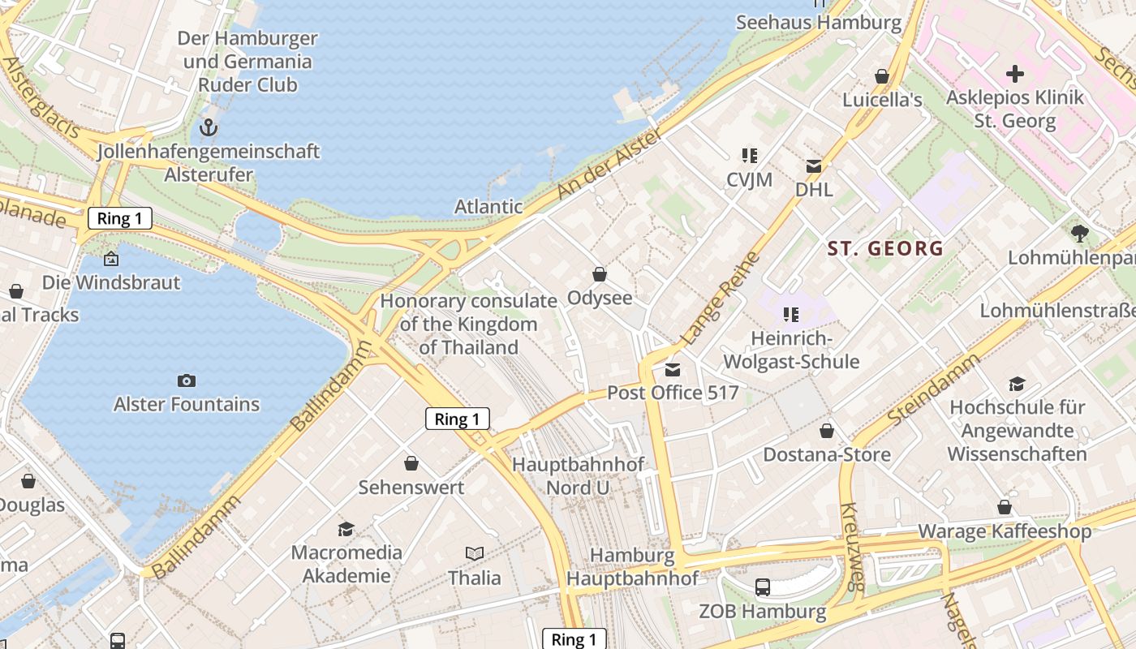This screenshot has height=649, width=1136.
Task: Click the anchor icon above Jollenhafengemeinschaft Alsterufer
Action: (x=209, y=127)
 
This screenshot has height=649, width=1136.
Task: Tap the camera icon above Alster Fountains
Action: (x=187, y=380)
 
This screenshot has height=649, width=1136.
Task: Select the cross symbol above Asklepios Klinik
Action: (x=1015, y=74)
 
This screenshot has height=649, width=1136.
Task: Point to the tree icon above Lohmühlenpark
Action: (x=1079, y=234)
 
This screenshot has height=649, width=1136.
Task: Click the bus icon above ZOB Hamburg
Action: (x=762, y=587)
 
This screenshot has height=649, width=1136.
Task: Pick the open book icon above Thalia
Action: (x=475, y=553)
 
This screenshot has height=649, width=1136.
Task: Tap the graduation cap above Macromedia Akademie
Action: (x=346, y=528)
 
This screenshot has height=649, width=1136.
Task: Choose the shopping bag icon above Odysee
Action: (x=600, y=274)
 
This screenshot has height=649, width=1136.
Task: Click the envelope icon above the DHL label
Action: (x=814, y=166)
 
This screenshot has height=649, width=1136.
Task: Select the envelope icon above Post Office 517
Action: (x=673, y=370)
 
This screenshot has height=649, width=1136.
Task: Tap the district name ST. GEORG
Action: (x=885, y=248)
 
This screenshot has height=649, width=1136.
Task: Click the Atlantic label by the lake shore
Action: (x=488, y=206)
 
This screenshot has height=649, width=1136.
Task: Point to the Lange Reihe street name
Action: (x=721, y=298)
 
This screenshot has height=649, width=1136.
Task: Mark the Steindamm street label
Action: (x=934, y=392)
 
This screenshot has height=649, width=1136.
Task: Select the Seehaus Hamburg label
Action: (x=819, y=22)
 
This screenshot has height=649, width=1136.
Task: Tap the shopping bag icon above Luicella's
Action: (x=882, y=76)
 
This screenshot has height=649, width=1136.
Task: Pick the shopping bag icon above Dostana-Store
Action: (x=827, y=430)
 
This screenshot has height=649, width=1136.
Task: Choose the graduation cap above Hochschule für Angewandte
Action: (x=1017, y=384)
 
